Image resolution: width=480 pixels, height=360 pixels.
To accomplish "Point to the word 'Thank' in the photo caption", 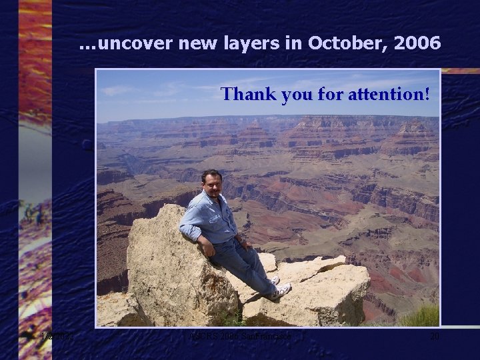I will point(248,94).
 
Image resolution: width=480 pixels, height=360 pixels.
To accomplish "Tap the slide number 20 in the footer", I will point(434,337).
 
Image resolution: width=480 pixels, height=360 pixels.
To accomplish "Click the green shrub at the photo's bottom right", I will point(420,315).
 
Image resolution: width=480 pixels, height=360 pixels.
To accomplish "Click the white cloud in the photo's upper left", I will point(120,90).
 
